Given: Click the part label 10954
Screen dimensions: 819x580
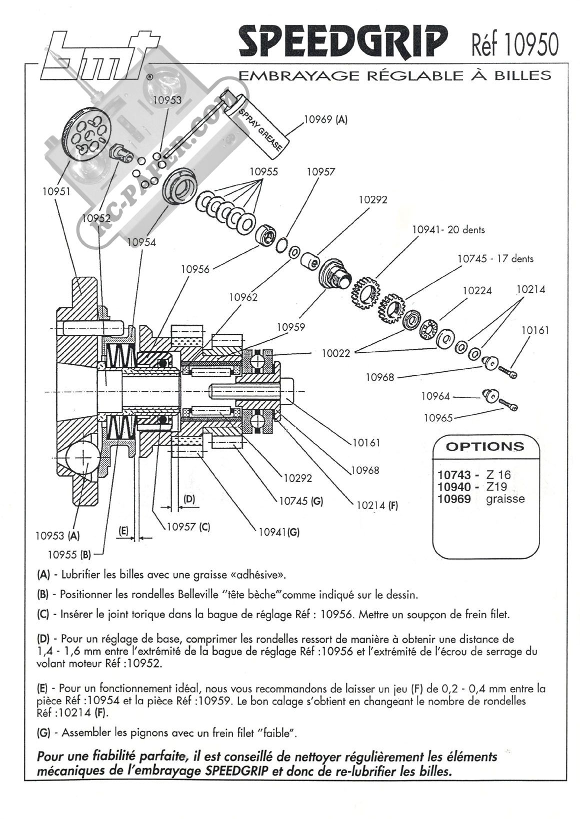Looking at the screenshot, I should click(141, 242).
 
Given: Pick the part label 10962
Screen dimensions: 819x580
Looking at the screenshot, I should click(243, 297).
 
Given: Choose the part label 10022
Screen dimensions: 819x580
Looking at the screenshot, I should click(336, 353).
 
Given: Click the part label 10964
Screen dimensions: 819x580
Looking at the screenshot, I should click(435, 396).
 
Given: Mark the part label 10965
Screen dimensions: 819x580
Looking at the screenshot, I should click(438, 417).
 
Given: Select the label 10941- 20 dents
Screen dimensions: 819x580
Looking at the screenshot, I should click(448, 230).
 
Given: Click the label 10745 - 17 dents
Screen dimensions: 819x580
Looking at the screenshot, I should click(495, 259).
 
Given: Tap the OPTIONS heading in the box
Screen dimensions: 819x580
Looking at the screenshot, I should click(484, 447).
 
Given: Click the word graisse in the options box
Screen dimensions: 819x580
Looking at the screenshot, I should click(505, 499).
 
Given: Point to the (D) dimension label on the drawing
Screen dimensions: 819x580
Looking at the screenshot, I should click(189, 499).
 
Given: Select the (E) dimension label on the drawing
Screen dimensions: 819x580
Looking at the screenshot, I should click(123, 531).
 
